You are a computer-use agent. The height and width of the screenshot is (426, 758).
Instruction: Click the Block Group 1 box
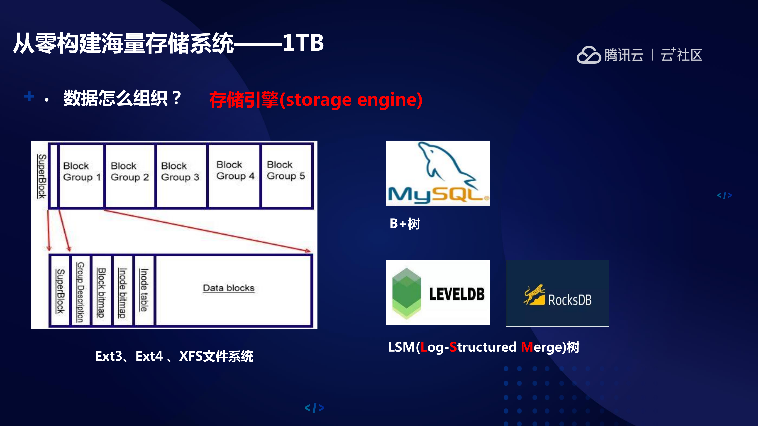[x=81, y=176]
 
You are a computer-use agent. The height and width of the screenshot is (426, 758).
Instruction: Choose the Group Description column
[x=80, y=291]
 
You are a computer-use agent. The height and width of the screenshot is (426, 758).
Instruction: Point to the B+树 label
[x=405, y=224]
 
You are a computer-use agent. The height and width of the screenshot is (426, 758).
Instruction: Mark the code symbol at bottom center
[x=314, y=408]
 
